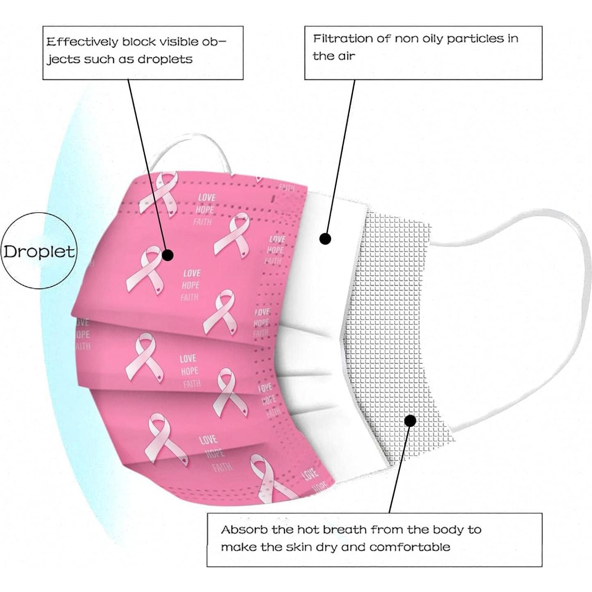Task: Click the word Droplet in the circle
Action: point(39,251)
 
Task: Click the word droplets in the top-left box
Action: point(165,60)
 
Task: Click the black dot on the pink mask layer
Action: point(168,255)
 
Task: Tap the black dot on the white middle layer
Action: point(325,238)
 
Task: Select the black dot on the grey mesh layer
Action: point(410,420)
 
